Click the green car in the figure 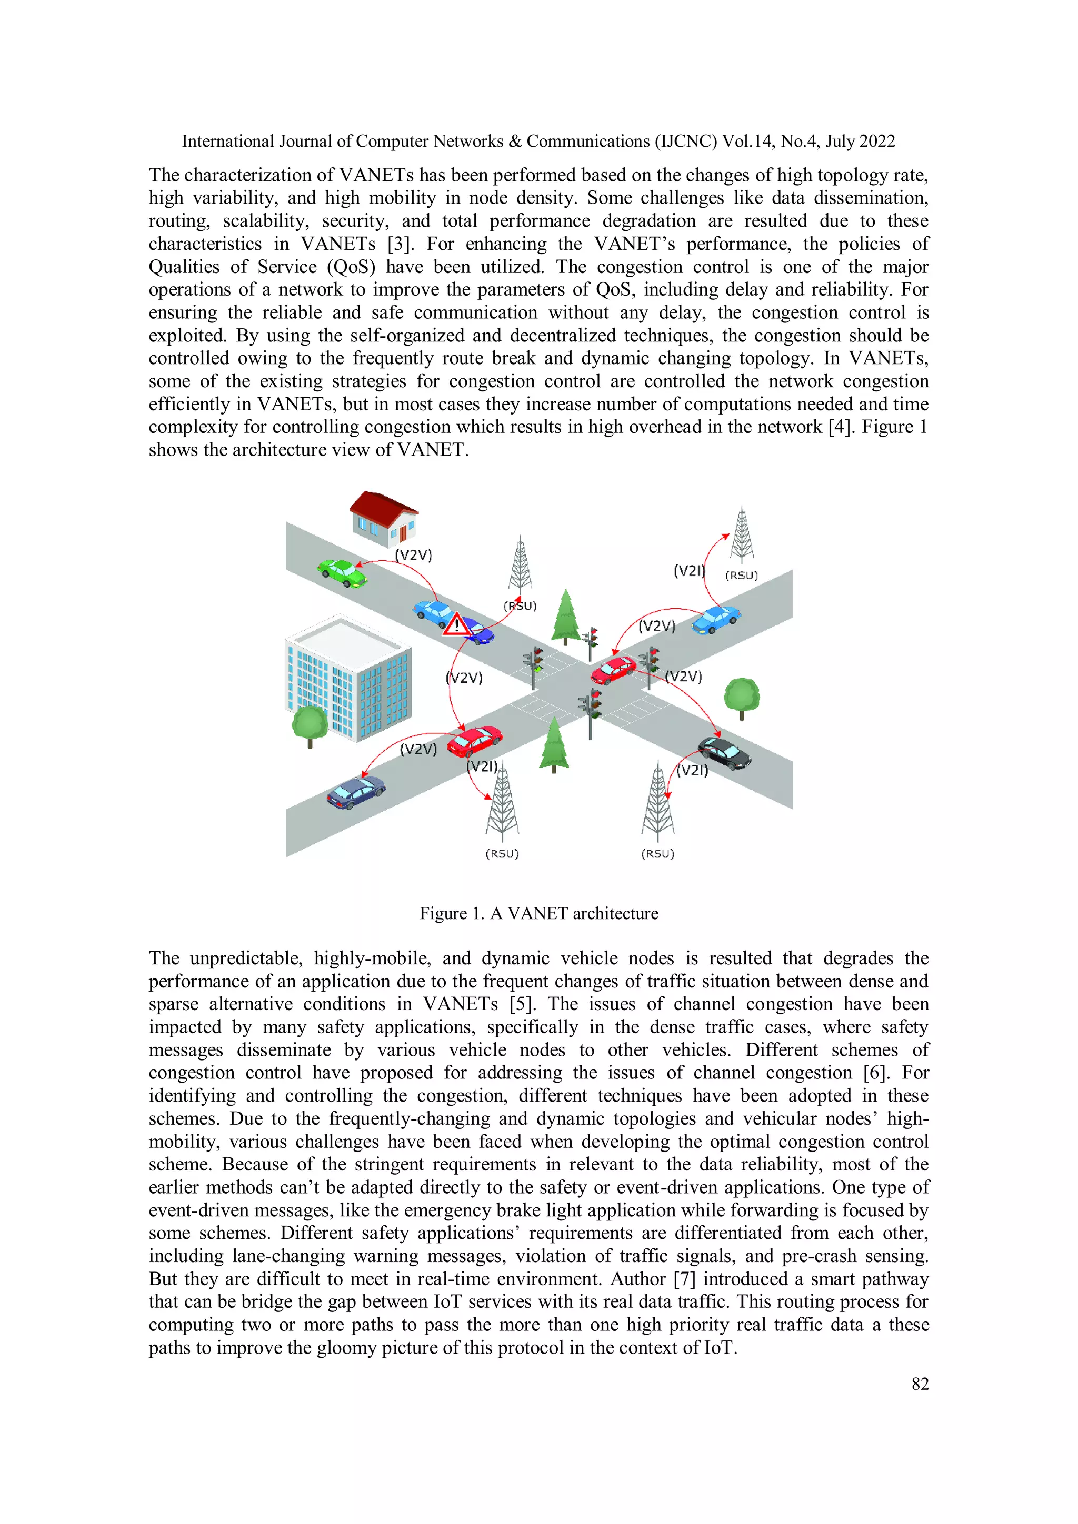pos(342,573)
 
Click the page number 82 pos(920,1384)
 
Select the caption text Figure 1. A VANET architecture pos(538,913)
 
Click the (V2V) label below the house pos(413,555)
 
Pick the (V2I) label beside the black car pos(692,770)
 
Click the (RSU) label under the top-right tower pos(741,576)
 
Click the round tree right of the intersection pos(741,697)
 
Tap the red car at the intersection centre pos(613,670)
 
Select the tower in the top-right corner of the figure pos(741,535)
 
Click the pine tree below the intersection pos(554,744)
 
